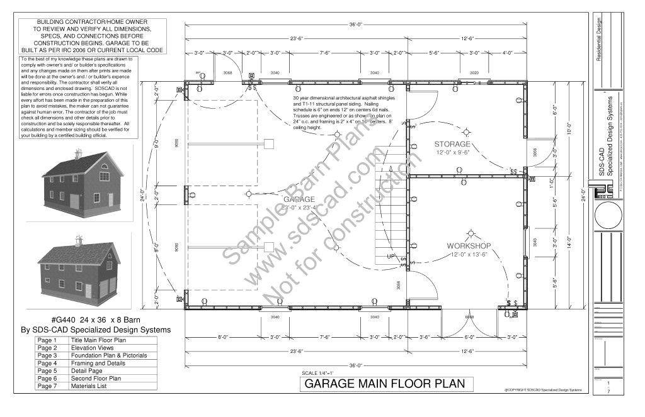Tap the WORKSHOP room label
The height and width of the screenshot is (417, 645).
469,245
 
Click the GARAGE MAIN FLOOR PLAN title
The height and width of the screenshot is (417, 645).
385,384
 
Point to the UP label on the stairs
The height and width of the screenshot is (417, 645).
391,257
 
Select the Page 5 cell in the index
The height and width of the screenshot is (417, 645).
48,370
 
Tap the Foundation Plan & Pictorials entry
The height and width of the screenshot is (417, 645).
109,355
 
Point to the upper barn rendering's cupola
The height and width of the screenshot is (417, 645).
78,153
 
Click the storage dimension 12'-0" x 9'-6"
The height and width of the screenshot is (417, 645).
460,153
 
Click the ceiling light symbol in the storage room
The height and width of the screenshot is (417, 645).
467,131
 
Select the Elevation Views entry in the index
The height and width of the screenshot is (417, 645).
92,348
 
